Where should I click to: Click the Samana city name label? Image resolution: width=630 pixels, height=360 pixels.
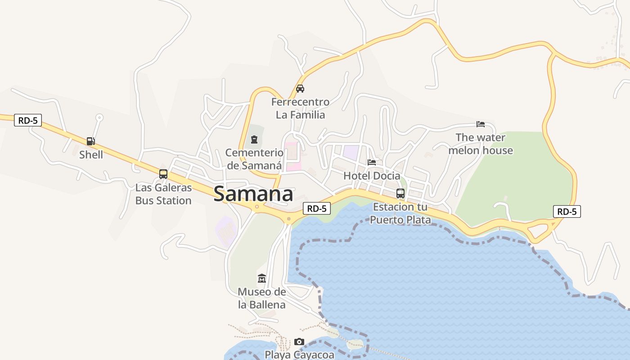tap(253, 194)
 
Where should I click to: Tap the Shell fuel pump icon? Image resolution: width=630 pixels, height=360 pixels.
tap(91, 141)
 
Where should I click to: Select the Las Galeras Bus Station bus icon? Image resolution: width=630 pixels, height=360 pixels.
tap(163, 174)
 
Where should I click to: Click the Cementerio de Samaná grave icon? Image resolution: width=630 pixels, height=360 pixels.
tap(254, 139)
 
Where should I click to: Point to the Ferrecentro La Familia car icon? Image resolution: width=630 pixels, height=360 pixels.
tap(300, 89)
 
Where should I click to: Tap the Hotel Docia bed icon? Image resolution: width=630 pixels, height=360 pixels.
tap(372, 162)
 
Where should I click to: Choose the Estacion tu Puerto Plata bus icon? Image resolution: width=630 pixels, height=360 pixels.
tap(400, 193)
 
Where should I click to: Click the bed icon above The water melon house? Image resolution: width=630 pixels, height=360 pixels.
tap(481, 124)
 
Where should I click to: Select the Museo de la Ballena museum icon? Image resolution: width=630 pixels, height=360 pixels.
tap(262, 279)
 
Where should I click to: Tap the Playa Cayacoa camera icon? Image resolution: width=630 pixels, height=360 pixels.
tap(299, 342)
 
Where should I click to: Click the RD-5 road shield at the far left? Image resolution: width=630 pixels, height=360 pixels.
tap(28, 120)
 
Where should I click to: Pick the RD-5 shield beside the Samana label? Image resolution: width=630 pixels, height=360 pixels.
tap(317, 208)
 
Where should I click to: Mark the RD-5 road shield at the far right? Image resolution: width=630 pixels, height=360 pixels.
tap(567, 211)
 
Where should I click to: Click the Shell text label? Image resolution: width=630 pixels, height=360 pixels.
tap(91, 155)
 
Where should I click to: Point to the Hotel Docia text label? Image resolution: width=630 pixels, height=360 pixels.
tap(372, 175)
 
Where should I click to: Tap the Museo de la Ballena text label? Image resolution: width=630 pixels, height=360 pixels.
tap(262, 298)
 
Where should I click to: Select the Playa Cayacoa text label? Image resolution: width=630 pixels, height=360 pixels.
tap(299, 355)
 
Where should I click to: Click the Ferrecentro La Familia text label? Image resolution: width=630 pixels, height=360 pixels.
tap(300, 108)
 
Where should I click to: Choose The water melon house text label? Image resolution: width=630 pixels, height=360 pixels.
tap(481, 144)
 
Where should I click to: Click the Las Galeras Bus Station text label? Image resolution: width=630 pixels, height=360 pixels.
tap(163, 194)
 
